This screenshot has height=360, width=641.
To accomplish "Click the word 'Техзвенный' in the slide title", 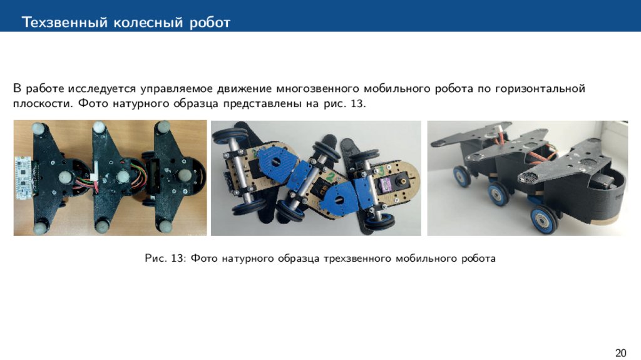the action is point(64,22).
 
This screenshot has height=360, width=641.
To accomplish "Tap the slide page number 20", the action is point(620,352).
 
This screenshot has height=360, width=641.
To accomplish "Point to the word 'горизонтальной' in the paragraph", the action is point(540,88).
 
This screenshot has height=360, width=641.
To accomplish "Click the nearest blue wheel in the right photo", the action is point(544,220).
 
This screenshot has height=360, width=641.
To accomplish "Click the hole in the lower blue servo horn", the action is point(339,200).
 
